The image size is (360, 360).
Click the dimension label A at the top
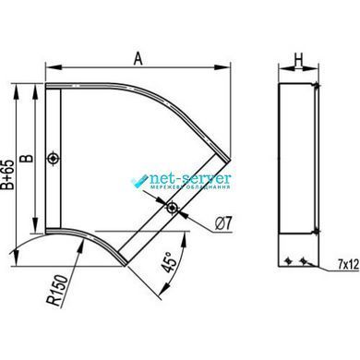[x=138, y=58]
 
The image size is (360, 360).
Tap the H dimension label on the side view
[x=298, y=59]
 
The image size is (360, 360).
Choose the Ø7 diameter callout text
[x=223, y=222]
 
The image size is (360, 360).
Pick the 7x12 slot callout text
[x=348, y=264]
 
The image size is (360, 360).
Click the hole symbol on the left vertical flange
[x=54, y=159]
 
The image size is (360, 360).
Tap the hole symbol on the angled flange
[x=172, y=208]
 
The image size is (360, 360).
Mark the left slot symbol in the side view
[x=288, y=260]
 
